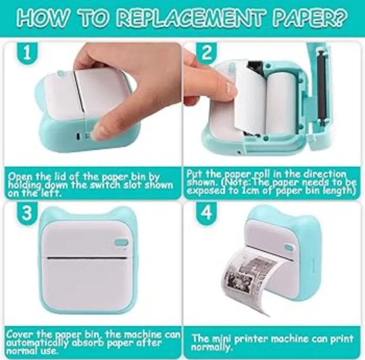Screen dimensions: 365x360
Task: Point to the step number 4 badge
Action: click(x=207, y=212)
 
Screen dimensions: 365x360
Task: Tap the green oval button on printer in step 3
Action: click(x=122, y=242)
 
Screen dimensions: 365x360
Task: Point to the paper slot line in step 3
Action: click(x=88, y=258)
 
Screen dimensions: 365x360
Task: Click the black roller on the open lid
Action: click(x=322, y=86)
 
